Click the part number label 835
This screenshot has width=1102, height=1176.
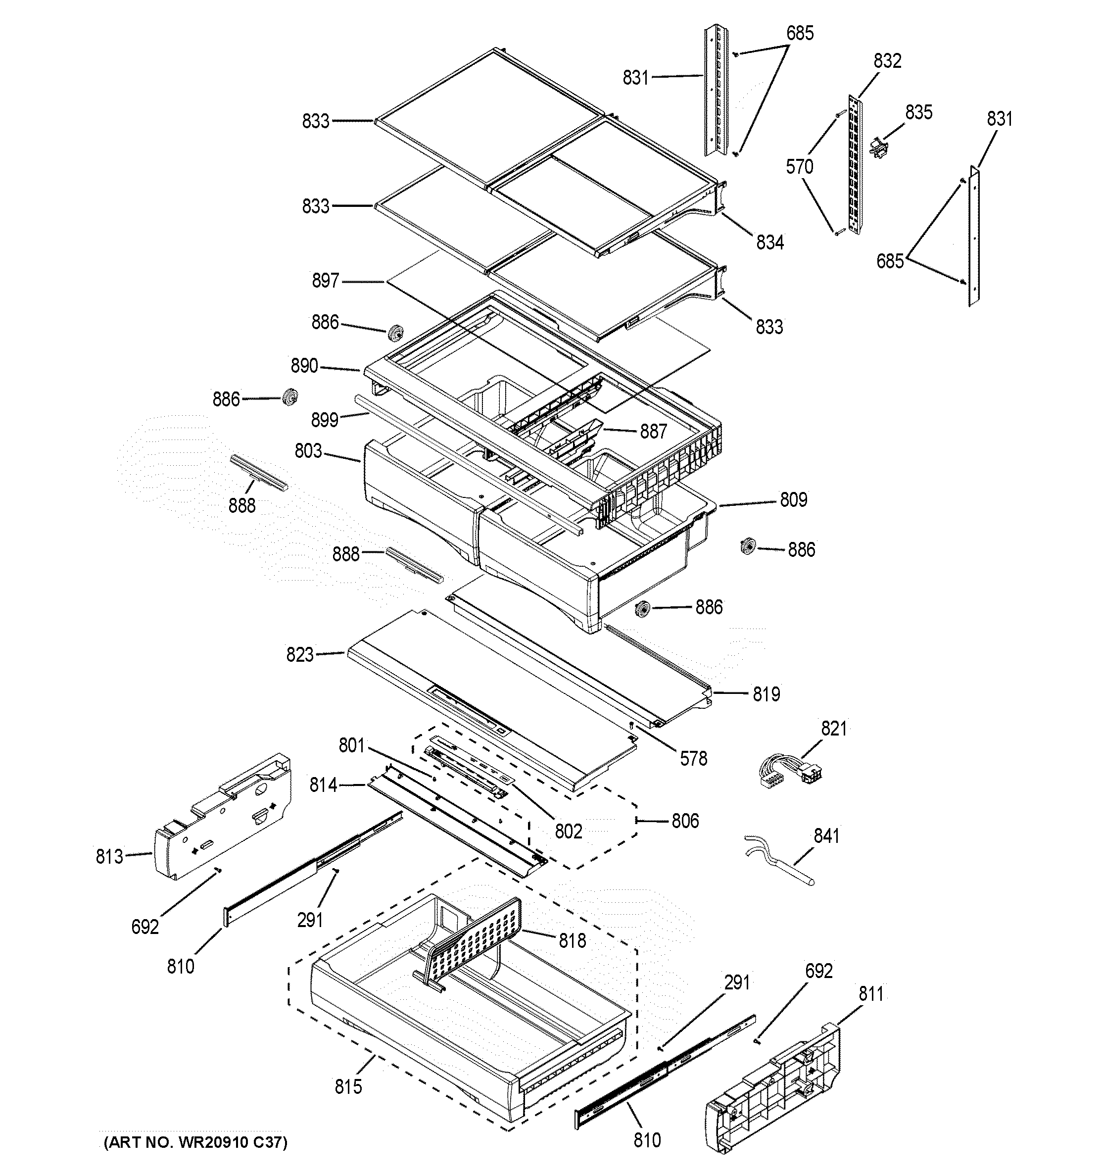click(x=918, y=112)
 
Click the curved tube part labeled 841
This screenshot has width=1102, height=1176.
click(x=780, y=861)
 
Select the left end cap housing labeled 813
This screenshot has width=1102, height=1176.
click(x=223, y=818)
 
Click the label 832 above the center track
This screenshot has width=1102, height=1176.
click(x=887, y=61)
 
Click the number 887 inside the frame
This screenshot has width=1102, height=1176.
click(x=653, y=431)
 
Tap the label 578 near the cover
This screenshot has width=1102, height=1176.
click(x=693, y=758)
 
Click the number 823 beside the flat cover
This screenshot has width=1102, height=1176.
click(x=300, y=655)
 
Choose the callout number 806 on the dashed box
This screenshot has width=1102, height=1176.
click(x=685, y=821)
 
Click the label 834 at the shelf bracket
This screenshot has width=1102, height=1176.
click(x=769, y=242)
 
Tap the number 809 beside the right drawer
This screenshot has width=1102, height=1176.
click(x=793, y=500)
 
